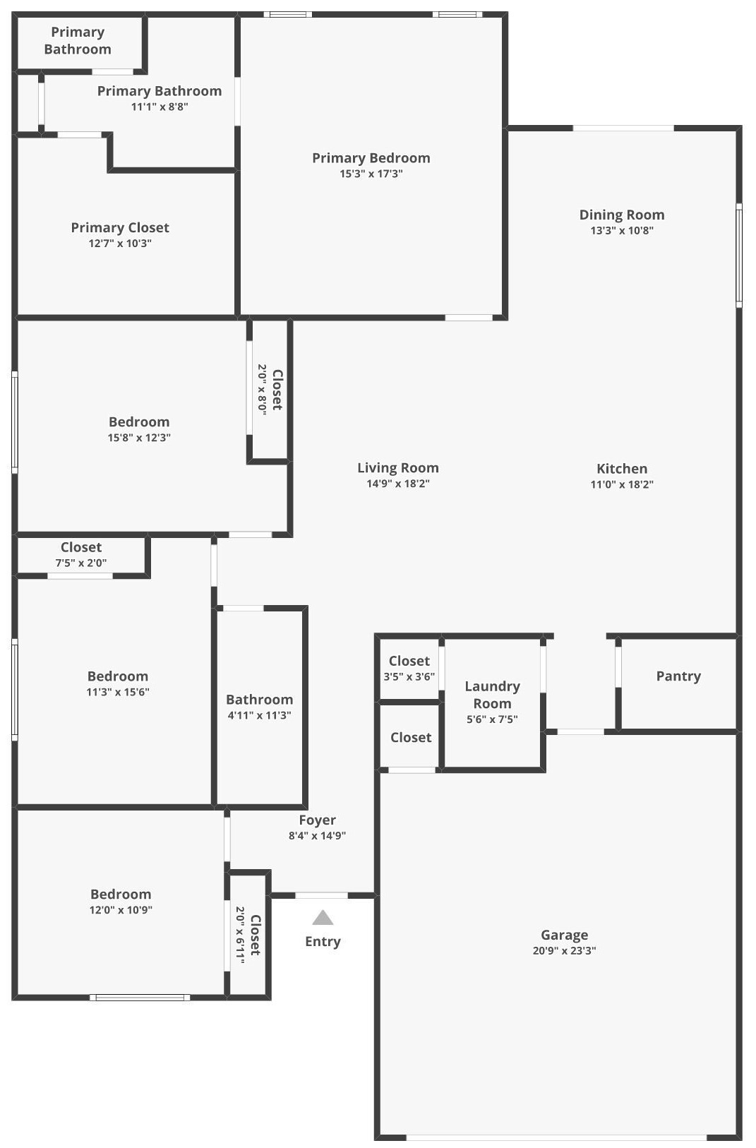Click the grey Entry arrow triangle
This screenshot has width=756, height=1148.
click(323, 917)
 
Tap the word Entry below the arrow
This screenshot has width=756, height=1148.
click(323, 941)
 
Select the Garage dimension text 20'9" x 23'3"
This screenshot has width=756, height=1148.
click(564, 951)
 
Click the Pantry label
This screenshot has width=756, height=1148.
click(678, 676)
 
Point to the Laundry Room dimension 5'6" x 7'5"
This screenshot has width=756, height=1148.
click(492, 719)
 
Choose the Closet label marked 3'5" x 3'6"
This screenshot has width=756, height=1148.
click(409, 661)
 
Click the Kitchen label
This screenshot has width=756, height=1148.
click(622, 468)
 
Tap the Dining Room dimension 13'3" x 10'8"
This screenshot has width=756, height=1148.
click(622, 231)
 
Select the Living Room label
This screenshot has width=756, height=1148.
click(398, 468)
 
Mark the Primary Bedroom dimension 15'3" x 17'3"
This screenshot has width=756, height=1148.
click(371, 174)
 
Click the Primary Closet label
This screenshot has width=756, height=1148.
click(120, 227)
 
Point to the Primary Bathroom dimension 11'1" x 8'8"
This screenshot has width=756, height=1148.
click(160, 107)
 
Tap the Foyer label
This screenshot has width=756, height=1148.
click(317, 820)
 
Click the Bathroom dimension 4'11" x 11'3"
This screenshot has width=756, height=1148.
click(259, 715)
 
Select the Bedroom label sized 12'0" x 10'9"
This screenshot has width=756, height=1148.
click(121, 895)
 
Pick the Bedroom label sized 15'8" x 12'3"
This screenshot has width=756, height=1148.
click(139, 421)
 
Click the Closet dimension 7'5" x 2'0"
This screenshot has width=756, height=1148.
click(81, 563)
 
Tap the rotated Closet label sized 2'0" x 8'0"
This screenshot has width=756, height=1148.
click(277, 390)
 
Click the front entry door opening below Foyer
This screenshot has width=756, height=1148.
click(321, 895)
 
